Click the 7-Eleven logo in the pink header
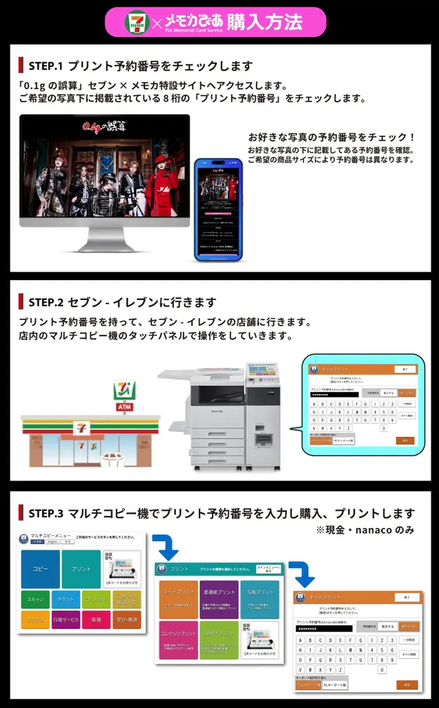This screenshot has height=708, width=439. (137, 22)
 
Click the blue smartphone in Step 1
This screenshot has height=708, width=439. (218, 209)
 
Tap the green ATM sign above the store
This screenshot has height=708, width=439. (125, 408)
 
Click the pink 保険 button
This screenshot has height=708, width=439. (96, 620)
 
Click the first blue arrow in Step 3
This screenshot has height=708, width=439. (165, 546)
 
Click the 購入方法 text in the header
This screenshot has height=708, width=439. (264, 22)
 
